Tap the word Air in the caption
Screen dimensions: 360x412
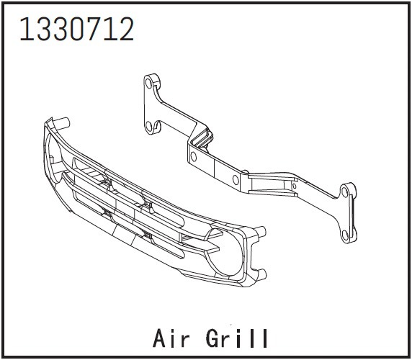(174, 337)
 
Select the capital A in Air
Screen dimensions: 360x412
(160, 337)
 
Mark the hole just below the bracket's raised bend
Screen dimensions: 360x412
(192, 153)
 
